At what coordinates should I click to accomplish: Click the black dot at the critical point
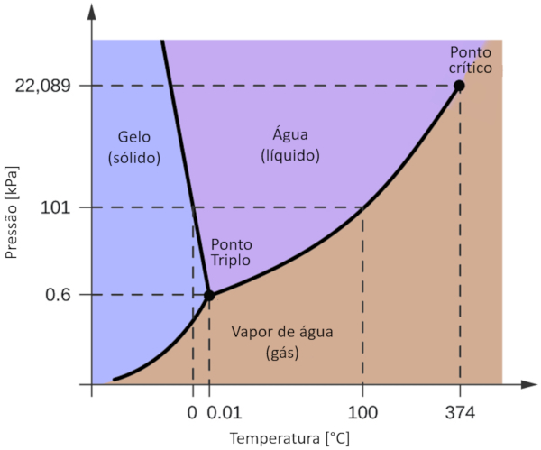point(459,86)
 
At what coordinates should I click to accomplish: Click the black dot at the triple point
point(209,295)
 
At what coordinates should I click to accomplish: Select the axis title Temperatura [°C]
point(288,439)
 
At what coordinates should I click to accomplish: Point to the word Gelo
point(134,138)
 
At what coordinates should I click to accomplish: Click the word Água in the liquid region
point(290,135)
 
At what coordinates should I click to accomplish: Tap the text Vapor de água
point(282,332)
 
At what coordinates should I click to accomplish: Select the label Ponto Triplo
point(232,252)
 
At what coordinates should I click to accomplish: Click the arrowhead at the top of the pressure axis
point(92,13)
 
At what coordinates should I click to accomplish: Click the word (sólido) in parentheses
point(134,158)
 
